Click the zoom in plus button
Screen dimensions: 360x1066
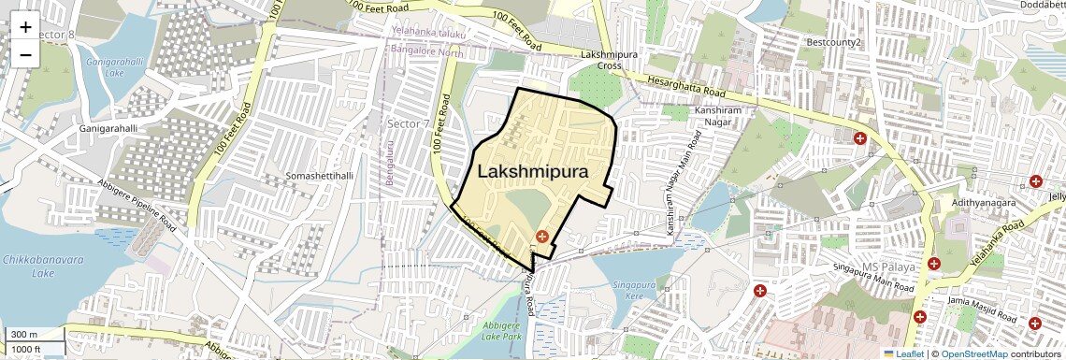tap(25, 26)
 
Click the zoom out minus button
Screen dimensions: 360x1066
tap(25, 53)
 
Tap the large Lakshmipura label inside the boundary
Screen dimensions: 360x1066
tap(533, 172)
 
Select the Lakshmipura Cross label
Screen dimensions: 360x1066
tap(601, 61)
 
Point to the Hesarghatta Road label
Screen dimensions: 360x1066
tap(686, 89)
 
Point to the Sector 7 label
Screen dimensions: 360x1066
tap(409, 123)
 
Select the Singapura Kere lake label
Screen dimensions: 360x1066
tap(636, 289)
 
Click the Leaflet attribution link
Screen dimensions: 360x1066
tap(903, 353)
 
